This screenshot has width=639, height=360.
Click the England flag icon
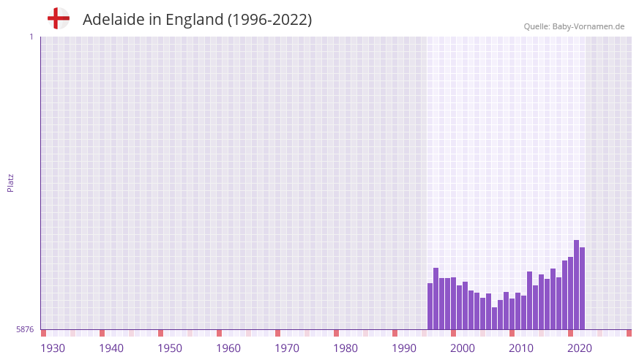pyautogui.click(x=59, y=18)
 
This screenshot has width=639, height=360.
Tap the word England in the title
pyautogui.click(x=194, y=20)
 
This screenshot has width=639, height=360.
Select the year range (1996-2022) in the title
pyautogui.click(x=270, y=20)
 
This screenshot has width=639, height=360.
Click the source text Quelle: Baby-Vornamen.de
pyautogui.click(x=574, y=26)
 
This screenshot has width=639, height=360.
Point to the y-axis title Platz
pyautogui.click(x=10, y=182)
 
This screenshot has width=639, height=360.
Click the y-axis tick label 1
pyautogui.click(x=31, y=37)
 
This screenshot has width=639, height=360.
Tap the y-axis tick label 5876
pyautogui.click(x=25, y=329)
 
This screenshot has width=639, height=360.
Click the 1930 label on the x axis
pyautogui.click(x=53, y=348)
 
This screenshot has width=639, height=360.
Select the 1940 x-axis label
pyautogui.click(x=111, y=348)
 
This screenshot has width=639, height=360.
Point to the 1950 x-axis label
pyautogui.click(x=170, y=348)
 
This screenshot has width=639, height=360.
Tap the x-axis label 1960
pyautogui.click(x=228, y=348)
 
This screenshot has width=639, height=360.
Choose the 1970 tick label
pyautogui.click(x=287, y=348)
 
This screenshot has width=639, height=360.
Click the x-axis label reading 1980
pyautogui.click(x=345, y=348)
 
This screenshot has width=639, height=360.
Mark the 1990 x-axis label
pyautogui.click(x=404, y=348)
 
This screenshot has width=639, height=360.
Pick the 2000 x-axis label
pyautogui.click(x=463, y=348)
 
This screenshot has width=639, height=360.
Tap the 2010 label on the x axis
pyautogui.click(x=521, y=348)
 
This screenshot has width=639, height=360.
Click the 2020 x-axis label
pyautogui.click(x=580, y=348)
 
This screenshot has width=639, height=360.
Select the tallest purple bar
pyautogui.click(x=577, y=285)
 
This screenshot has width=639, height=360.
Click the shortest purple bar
pyautogui.click(x=495, y=318)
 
